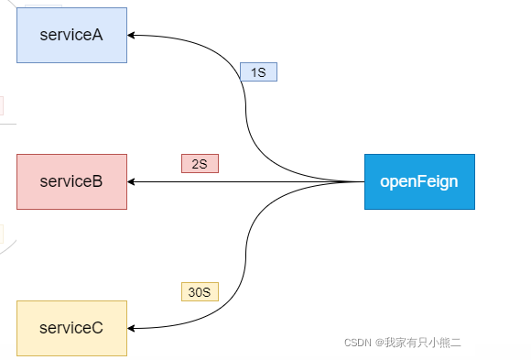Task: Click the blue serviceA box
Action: click(71, 35)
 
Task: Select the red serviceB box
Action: click(71, 181)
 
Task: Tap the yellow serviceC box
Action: click(71, 328)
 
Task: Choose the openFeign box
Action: click(419, 181)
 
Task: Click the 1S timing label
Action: click(258, 71)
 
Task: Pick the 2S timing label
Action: click(200, 164)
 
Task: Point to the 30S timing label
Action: click(200, 292)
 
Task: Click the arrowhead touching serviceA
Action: click(132, 35)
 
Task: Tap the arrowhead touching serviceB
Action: click(132, 181)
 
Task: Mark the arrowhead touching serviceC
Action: click(132, 328)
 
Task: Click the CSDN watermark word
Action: click(357, 343)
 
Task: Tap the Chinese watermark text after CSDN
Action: click(422, 343)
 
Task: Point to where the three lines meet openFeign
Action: click(363, 181)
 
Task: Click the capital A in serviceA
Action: click(97, 35)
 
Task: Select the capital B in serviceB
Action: click(97, 181)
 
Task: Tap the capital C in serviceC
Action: click(97, 328)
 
